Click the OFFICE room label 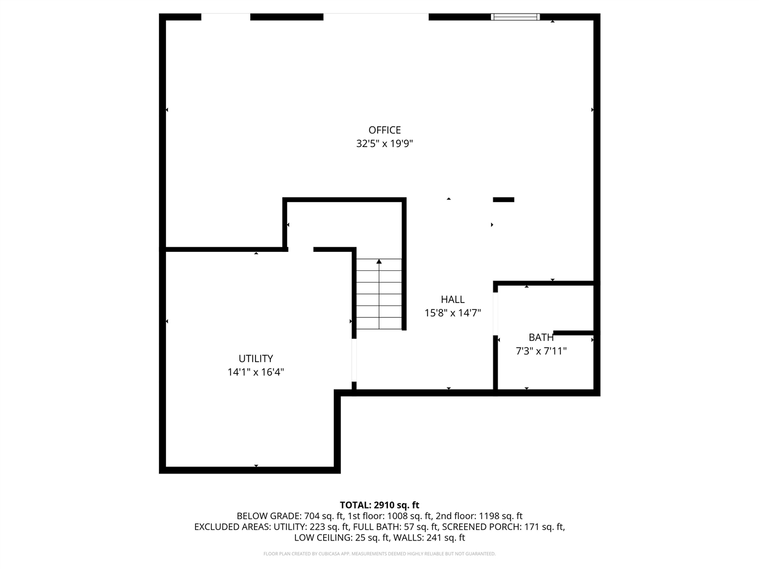[384, 130]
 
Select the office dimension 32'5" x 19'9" [384, 143]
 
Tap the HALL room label [452, 300]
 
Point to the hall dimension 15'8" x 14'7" [452, 313]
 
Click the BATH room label [541, 338]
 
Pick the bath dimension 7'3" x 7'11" [541, 351]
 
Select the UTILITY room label [256, 359]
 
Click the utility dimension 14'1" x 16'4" [256, 372]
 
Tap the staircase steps [379, 296]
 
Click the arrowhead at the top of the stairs [379, 261]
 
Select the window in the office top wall [515, 17]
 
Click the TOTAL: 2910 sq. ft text [379, 505]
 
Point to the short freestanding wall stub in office [503, 200]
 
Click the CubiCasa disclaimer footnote [379, 554]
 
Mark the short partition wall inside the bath [573, 333]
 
